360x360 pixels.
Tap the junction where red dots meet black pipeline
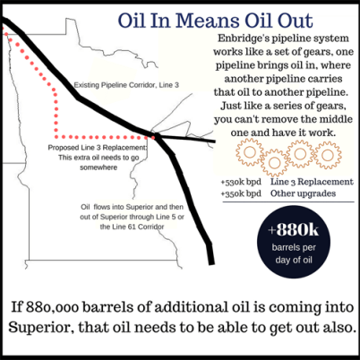click(158, 138)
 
